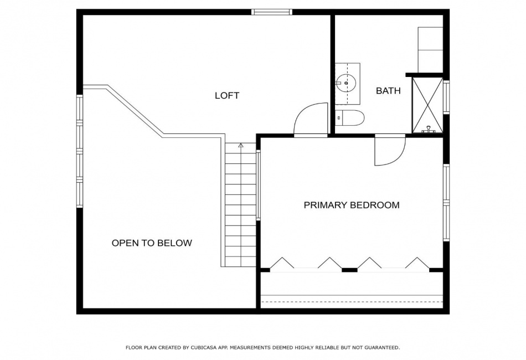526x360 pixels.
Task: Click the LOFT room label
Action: pos(227,96)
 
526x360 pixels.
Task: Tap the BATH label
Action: pos(388,91)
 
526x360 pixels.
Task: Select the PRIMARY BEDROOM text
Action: pos(352,205)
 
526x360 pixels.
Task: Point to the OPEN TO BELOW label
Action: pos(152,243)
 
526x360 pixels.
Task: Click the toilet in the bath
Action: pos(349,118)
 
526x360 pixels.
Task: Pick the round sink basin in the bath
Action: pos(346,82)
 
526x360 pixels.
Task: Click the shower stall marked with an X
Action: pos(427,105)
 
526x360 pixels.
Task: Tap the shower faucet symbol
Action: pos(428,129)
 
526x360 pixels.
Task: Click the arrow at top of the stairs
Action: pos(240,146)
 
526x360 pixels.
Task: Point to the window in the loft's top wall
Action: pos(272,12)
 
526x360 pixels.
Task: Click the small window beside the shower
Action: pos(446,96)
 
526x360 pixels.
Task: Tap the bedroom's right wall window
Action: pos(446,202)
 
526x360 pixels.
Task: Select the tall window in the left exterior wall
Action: pos(80,151)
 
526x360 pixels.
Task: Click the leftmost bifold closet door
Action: pos(282,263)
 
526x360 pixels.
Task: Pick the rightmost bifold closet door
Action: pos(417,263)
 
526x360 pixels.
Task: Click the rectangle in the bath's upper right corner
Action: pos(430,50)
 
